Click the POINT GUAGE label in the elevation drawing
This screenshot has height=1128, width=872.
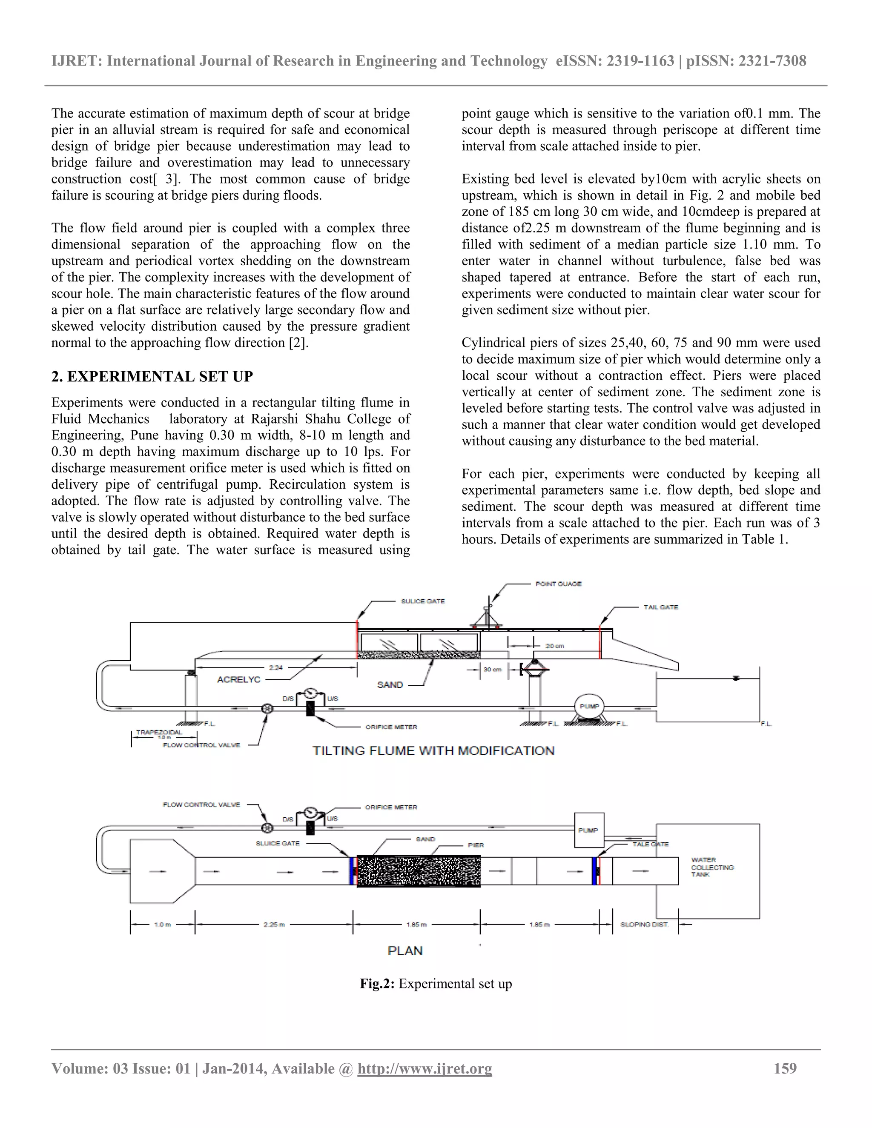point(559,584)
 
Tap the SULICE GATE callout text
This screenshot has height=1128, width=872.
point(422,601)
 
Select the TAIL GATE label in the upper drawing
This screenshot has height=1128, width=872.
point(661,607)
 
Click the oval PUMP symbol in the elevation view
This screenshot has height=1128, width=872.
point(589,706)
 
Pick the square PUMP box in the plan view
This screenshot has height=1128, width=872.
point(589,830)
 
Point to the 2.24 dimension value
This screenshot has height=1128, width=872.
point(276,667)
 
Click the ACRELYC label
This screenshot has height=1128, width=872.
point(239,680)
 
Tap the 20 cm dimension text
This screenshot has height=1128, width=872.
point(555,646)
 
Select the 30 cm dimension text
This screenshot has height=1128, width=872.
point(492,670)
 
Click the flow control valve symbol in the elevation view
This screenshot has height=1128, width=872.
point(267,709)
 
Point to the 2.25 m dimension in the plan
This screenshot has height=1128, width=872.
point(274,924)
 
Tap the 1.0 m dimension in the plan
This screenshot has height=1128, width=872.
point(162,924)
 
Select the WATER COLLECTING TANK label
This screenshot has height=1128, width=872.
point(712,867)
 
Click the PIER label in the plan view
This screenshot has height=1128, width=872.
point(476,845)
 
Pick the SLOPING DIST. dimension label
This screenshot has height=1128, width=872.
point(644,924)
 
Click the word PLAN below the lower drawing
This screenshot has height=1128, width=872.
point(405,951)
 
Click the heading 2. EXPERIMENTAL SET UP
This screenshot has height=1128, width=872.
point(152,377)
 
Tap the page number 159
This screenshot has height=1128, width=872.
point(785,1068)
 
